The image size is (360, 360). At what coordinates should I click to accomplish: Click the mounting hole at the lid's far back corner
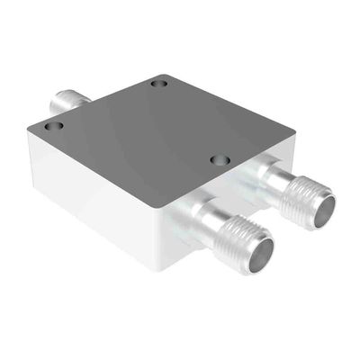[x=159, y=84]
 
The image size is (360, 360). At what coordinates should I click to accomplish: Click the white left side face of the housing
[x=90, y=198]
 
